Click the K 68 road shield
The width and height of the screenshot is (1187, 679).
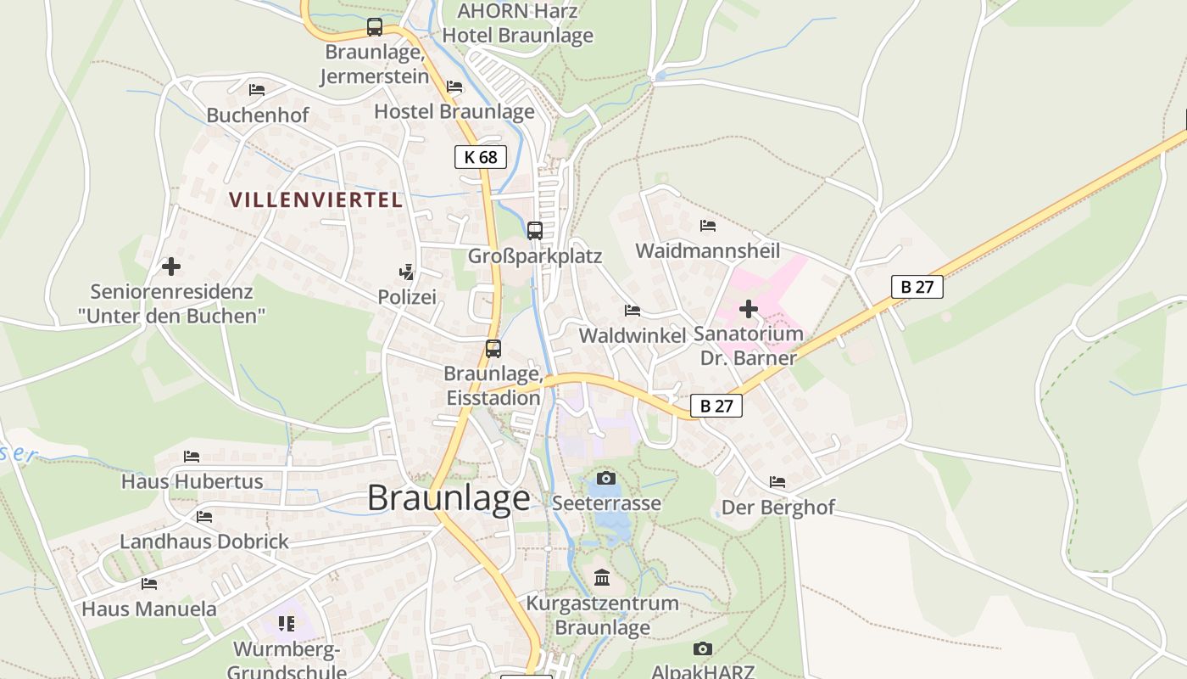(x=481, y=157)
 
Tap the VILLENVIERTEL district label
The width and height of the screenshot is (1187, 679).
(x=315, y=200)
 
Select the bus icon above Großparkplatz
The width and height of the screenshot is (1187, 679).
(x=535, y=230)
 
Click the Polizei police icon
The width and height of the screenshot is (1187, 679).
(x=407, y=272)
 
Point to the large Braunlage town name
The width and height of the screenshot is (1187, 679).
(x=449, y=498)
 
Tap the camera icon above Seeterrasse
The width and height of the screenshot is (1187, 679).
(x=605, y=479)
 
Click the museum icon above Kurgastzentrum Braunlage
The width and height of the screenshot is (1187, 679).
(x=602, y=578)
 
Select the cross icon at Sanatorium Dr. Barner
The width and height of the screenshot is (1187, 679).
(x=749, y=309)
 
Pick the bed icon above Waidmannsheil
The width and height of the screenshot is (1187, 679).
(x=708, y=226)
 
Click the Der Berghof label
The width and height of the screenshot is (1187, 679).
(x=777, y=508)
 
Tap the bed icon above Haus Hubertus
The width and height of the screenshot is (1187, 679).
(x=192, y=457)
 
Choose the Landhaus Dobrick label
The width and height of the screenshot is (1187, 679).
(x=204, y=542)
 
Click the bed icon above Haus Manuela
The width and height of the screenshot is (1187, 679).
(x=149, y=584)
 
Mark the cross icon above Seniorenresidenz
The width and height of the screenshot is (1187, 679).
(x=171, y=267)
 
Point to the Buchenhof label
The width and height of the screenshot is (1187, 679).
(x=258, y=115)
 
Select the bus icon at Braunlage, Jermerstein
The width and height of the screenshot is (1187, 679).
(x=375, y=27)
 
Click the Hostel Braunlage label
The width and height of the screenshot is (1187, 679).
(x=454, y=111)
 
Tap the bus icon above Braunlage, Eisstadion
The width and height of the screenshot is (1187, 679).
(x=493, y=348)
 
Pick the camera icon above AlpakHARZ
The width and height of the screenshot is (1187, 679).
(x=702, y=649)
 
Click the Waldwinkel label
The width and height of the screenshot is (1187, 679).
(x=633, y=335)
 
